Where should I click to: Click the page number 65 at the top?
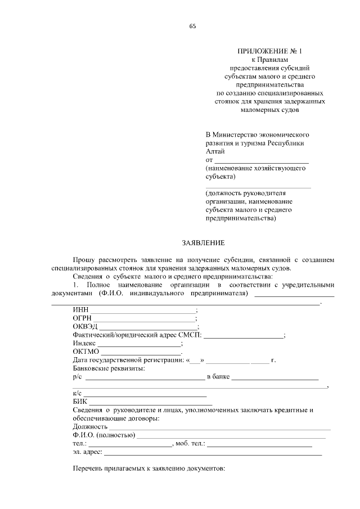click(x=192, y=26)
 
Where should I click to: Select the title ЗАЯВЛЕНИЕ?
click(x=203, y=243)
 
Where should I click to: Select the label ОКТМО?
click(x=85, y=352)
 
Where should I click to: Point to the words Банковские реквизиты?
click(x=109, y=368)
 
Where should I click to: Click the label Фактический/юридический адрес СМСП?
click(x=137, y=335)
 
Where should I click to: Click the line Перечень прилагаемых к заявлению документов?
click(x=149, y=469)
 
